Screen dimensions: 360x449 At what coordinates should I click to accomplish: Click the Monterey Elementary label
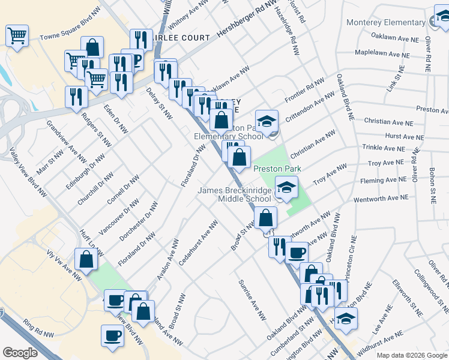pos(386,23)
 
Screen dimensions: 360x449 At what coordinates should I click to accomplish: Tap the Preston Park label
pos(276,169)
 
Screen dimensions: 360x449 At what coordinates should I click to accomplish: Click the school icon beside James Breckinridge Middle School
pos(286,187)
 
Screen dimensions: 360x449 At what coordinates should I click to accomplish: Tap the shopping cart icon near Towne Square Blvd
pos(17,35)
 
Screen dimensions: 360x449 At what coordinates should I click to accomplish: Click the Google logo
pos(20,352)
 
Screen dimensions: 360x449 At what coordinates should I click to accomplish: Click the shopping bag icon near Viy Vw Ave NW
pos(86,260)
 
